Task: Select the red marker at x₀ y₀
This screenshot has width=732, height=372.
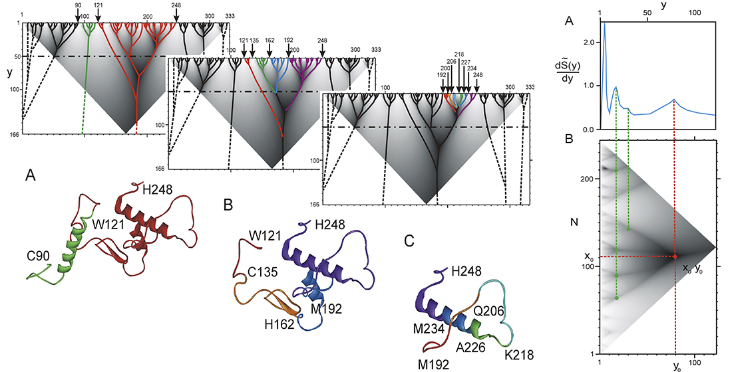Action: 675,256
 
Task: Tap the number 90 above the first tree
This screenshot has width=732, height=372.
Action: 78,5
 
